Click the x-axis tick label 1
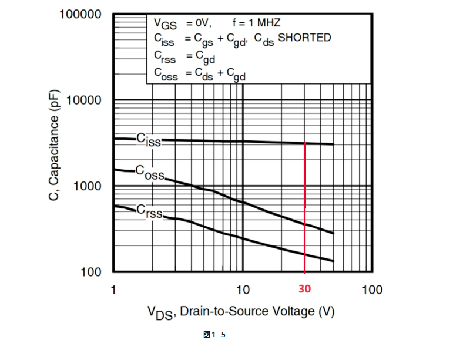click(x=113, y=290)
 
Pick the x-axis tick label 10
click(x=243, y=290)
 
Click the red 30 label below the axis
click(x=304, y=290)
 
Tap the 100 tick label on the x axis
click(x=372, y=290)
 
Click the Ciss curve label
click(x=148, y=139)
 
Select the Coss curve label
click(x=150, y=173)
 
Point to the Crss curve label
click(x=149, y=211)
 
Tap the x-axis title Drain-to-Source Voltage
click(x=241, y=312)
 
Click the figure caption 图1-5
click(x=214, y=334)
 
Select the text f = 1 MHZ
click(x=256, y=23)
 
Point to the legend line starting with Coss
click(x=200, y=73)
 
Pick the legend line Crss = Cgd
click(x=184, y=56)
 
